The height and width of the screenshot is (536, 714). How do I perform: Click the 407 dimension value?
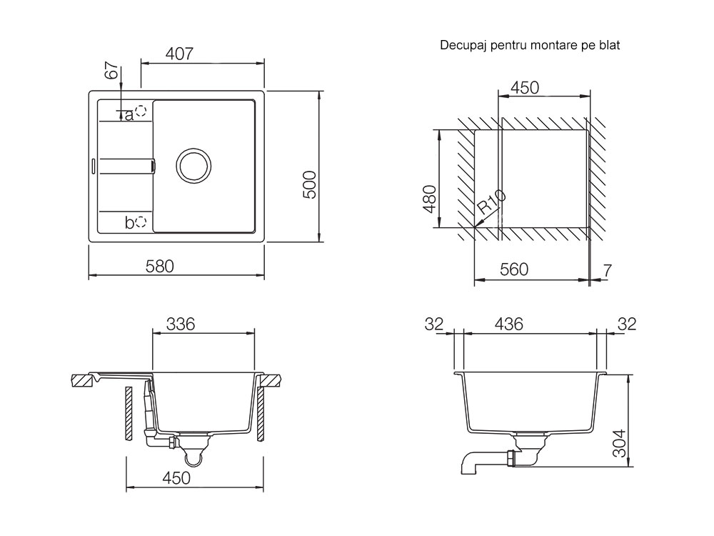click(x=179, y=54)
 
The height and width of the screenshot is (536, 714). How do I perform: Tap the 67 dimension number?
click(x=111, y=71)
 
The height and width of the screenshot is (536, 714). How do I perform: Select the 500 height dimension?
click(x=310, y=184)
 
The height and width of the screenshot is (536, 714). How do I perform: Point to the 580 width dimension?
click(x=160, y=266)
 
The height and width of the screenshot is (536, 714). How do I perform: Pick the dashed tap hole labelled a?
click(x=141, y=111)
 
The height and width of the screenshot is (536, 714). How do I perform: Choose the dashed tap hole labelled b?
click(x=141, y=222)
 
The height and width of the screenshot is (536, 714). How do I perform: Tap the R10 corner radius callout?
click(x=492, y=202)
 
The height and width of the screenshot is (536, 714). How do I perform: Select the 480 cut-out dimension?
click(x=429, y=199)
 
